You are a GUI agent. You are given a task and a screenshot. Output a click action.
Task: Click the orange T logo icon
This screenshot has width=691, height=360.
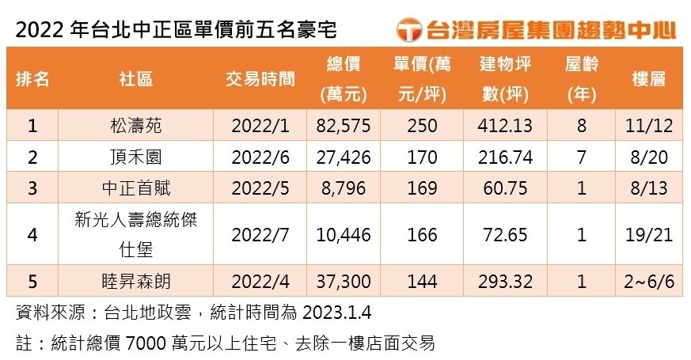coord(408,30)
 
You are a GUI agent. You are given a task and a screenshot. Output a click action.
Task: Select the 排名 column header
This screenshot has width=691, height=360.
coord(32,79)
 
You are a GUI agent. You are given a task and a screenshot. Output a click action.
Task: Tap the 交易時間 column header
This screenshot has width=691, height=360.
coord(260,79)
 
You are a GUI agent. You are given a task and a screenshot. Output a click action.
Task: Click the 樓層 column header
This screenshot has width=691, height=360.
coord(648,79)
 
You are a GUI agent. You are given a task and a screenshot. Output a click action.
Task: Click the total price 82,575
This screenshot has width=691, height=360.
coord(343,125)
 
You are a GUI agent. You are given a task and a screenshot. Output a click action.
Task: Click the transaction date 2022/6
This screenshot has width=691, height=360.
coord(260,157)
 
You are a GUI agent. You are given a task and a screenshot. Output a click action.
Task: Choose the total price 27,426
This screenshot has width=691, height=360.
coord(343,157)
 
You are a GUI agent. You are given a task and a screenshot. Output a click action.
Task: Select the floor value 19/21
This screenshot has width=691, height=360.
coord(648,235)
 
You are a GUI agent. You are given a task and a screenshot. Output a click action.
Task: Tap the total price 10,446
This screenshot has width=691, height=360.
coord(343,235)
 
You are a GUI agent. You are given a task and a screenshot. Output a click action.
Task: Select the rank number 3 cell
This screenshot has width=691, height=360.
coord(32,188)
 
